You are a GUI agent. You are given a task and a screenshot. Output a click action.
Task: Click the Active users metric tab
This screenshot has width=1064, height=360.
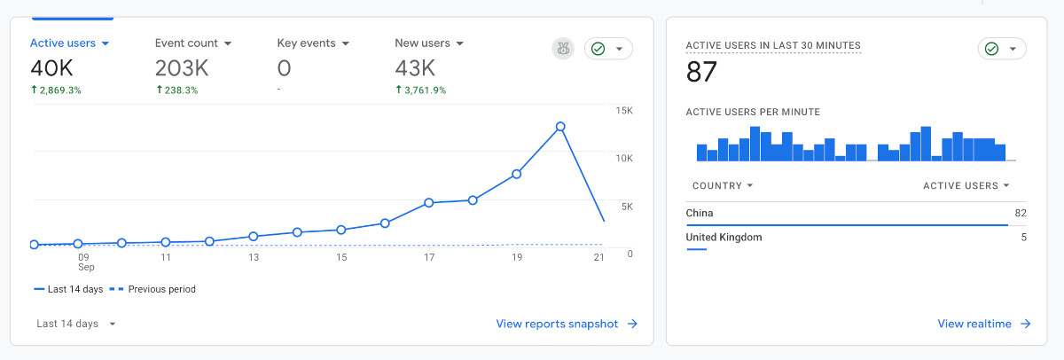tap(69, 43)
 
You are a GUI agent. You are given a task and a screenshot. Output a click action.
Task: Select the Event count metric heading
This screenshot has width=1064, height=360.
tap(192, 43)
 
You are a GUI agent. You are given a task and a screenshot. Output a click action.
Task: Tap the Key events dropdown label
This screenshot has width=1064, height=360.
tap(313, 43)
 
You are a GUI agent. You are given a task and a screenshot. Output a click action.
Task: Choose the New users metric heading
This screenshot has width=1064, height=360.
tap(429, 43)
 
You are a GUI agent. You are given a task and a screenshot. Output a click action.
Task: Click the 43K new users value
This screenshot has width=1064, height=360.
tap(415, 68)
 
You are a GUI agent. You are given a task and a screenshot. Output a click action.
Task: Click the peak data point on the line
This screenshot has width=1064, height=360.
tap(560, 127)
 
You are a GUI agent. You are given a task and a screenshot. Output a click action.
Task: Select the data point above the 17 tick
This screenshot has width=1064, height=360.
tap(429, 203)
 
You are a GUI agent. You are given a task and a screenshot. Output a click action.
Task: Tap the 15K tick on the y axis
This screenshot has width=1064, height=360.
tap(624, 111)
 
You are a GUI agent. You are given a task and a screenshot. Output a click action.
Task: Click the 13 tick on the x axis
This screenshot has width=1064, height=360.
tap(254, 258)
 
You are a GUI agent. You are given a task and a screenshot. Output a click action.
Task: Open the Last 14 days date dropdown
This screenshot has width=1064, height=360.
tap(76, 324)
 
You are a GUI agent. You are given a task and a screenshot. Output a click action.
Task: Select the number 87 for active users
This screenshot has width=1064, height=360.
tap(701, 73)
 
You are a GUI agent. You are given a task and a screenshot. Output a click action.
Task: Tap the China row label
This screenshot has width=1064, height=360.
tap(700, 213)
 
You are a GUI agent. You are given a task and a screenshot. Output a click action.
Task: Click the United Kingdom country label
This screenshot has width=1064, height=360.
tap(724, 238)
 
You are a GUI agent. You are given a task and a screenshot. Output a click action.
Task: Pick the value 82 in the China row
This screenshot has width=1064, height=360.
tap(1021, 213)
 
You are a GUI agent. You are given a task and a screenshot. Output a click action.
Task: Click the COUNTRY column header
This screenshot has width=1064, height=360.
tap(723, 185)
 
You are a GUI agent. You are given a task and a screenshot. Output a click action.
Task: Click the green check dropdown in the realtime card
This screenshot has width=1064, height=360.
tap(1002, 49)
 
